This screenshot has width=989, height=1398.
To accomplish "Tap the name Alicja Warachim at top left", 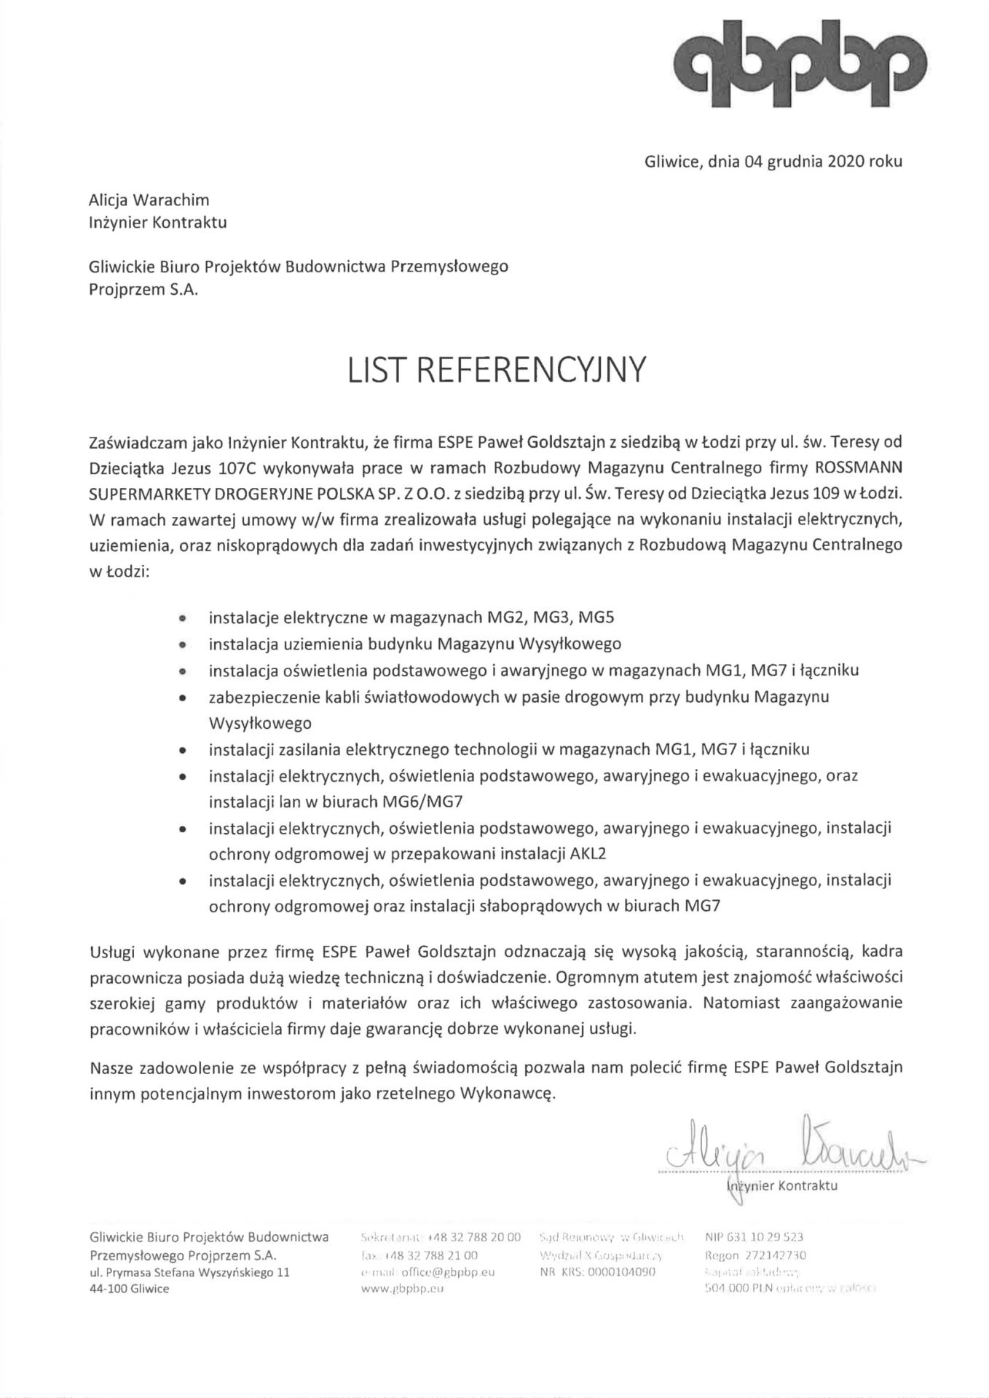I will tap(149, 200).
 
